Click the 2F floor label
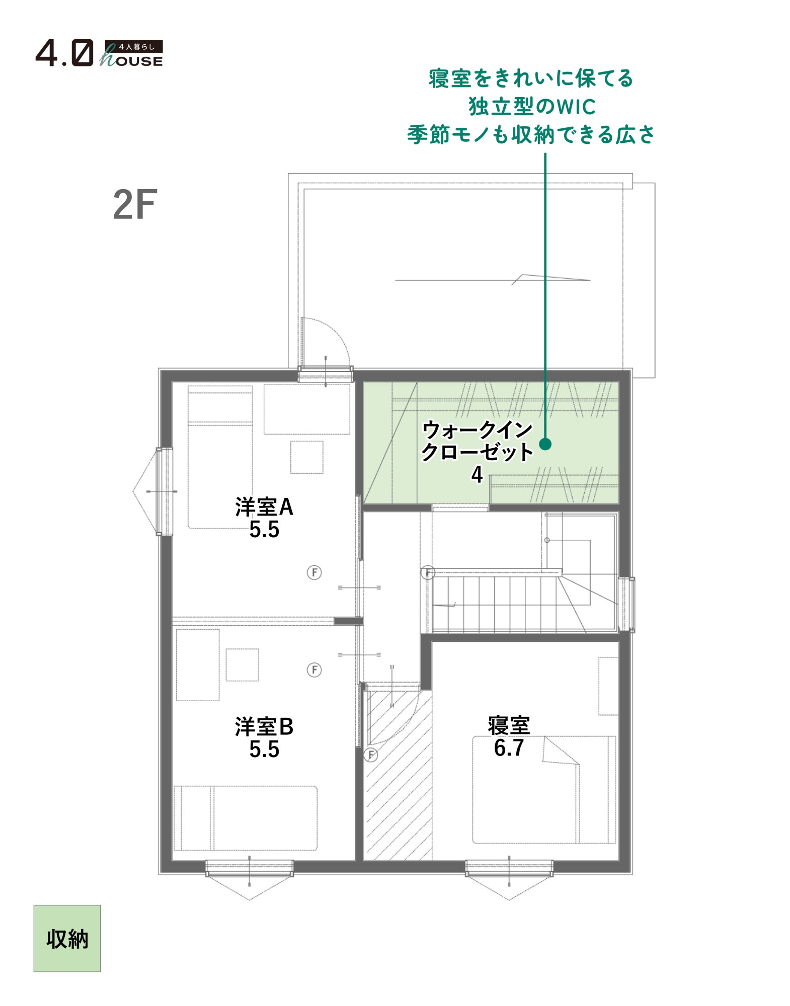point(135,205)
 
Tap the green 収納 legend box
point(67,938)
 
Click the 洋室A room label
point(264,507)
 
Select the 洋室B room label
point(264,727)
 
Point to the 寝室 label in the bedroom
point(509,725)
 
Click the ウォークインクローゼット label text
point(477,441)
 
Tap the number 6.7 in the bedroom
point(509,748)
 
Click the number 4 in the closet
point(477,474)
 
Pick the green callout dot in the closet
point(545,444)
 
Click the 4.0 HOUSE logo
point(99,53)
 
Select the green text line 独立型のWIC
point(532,107)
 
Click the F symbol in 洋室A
point(314,572)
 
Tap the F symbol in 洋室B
point(314,670)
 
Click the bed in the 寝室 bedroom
point(544,790)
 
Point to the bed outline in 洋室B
point(246,818)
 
